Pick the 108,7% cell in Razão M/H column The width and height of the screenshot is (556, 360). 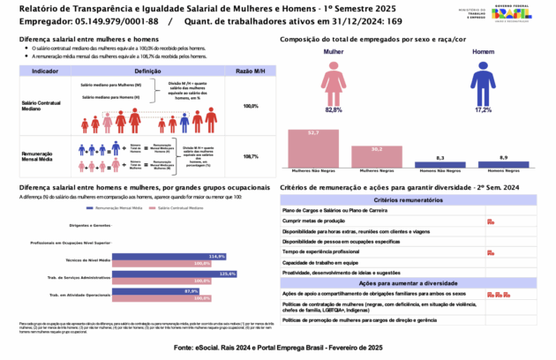pos(250,155)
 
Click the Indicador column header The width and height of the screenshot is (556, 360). pos(45,69)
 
